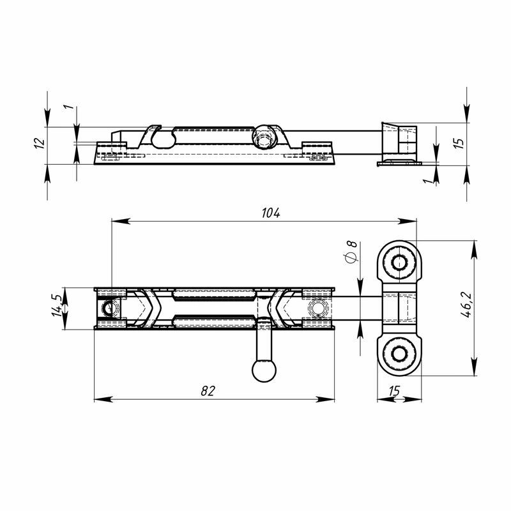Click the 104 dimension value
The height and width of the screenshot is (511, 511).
click(271, 213)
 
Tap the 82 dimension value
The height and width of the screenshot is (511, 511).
click(208, 390)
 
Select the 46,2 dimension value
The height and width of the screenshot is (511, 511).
click(467, 305)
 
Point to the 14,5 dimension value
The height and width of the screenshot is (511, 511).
click(56, 305)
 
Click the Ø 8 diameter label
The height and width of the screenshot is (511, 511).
click(351, 252)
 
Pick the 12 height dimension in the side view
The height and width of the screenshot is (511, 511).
click(40, 143)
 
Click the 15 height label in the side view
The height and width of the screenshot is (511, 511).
click(459, 143)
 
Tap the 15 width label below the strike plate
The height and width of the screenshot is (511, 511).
click(394, 390)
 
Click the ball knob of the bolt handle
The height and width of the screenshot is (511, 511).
click(264, 370)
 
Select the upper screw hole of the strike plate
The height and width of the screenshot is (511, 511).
click(399, 263)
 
